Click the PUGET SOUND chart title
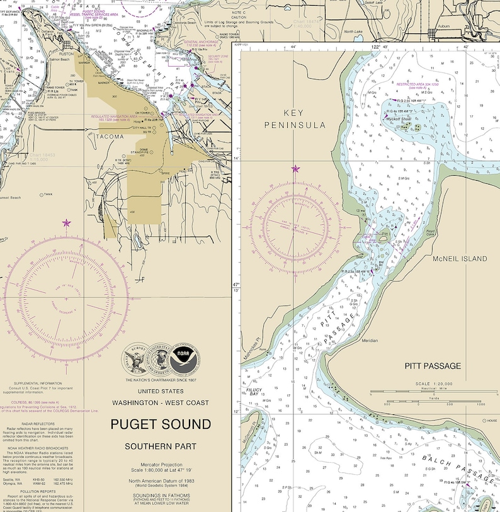pyautogui.click(x=161, y=423)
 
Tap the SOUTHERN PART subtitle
pyautogui.click(x=161, y=447)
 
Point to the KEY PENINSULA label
pyautogui.click(x=296, y=118)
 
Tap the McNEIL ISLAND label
pyautogui.click(x=460, y=259)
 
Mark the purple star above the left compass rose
pyautogui.click(x=67, y=223)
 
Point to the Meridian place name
pyautogui.click(x=369, y=341)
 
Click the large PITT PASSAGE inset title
pyautogui.click(x=433, y=366)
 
